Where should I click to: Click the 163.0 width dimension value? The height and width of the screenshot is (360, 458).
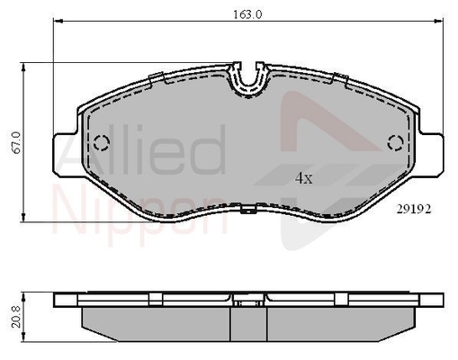(247, 14)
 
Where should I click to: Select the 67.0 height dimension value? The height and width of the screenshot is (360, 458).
(16, 142)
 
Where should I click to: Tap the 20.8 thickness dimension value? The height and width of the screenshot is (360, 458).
(16, 317)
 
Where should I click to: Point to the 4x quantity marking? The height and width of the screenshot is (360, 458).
(303, 179)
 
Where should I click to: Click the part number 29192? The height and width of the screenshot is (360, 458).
(414, 209)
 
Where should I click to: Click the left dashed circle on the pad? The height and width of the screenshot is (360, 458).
(102, 142)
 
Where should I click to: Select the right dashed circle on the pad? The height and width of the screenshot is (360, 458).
(395, 142)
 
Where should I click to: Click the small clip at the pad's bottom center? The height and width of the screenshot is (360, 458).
(248, 209)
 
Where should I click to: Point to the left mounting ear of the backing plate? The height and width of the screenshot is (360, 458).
(66, 154)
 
